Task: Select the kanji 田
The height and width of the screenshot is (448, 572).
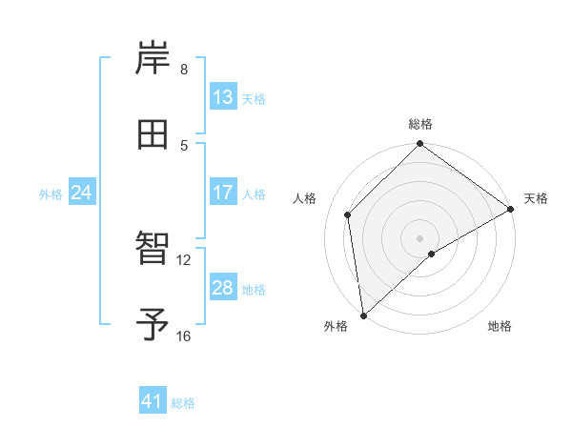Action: tap(153, 134)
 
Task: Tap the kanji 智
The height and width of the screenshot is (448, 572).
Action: tap(153, 248)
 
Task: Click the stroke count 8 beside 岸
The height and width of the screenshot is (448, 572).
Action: tap(184, 70)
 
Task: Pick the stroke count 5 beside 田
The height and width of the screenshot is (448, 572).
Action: tap(184, 145)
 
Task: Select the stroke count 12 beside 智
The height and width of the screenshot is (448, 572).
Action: tap(184, 259)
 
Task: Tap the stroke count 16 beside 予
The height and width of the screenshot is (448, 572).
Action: tap(184, 336)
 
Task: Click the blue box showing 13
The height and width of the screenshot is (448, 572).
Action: tap(223, 97)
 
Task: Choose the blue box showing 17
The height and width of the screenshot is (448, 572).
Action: tap(223, 193)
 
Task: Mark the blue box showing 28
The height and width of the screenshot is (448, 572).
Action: tap(223, 288)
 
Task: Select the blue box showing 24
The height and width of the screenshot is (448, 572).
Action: tap(82, 193)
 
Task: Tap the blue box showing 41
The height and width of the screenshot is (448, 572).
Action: tap(153, 401)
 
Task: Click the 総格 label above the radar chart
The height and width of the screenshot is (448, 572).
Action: tap(420, 124)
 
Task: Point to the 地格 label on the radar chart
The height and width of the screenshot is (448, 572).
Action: tap(500, 327)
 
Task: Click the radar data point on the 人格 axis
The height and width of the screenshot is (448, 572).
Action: tap(348, 214)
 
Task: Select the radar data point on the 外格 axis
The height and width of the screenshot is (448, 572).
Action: tap(363, 315)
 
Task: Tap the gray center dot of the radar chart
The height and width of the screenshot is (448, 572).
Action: tap(419, 237)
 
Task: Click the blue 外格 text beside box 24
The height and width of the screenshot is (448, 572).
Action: tap(51, 193)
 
